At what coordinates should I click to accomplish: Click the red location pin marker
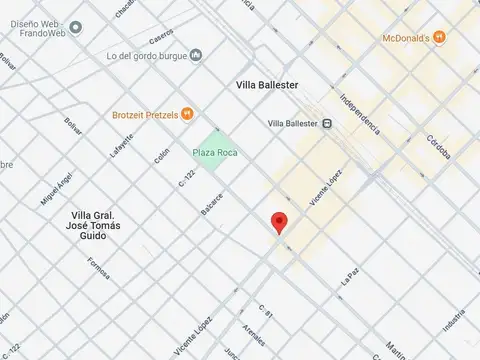pos(280,222)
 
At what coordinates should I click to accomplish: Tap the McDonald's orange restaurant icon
pos(439,38)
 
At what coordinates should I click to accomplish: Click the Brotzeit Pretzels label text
pos(145,115)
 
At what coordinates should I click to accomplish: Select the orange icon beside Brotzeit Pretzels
pos(187,115)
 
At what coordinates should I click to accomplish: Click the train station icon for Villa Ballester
pos(327,124)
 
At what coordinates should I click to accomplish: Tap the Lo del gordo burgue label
pos(148,54)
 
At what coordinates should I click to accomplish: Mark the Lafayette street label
pos(120,148)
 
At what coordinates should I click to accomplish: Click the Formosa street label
pos(98,268)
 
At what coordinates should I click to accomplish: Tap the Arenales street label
pos(254,333)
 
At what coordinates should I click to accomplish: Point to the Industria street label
pos(454,322)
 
